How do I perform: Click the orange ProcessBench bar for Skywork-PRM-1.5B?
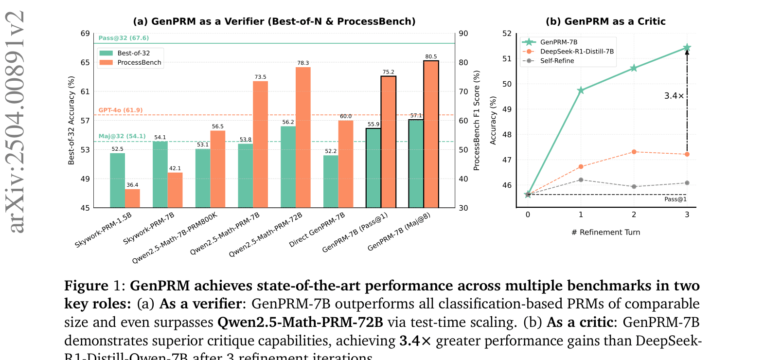pos(132,198)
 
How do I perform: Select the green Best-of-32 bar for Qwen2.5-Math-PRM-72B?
pos(288,167)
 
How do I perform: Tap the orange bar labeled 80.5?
pos(431,134)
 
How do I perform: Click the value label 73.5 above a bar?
pos(260,77)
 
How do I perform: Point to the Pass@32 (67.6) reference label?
pos(124,38)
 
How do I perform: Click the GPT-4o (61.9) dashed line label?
pos(121,110)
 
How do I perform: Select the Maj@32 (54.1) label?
pos(122,136)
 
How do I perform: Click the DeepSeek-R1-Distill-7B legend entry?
pos(577,52)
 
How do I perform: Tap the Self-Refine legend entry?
pos(557,61)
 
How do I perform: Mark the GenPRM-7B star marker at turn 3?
pos(687,48)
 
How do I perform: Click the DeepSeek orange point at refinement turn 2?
pos(634,152)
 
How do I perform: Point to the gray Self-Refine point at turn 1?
pos(581,180)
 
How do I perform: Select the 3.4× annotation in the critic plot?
pos(674,96)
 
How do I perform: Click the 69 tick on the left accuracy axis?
pos(85,34)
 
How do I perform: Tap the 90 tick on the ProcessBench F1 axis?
pos(463,34)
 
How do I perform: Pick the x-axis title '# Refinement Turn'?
pos(606,233)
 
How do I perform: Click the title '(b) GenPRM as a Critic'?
pos(605,21)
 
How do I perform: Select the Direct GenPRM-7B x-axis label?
pos(317,230)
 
